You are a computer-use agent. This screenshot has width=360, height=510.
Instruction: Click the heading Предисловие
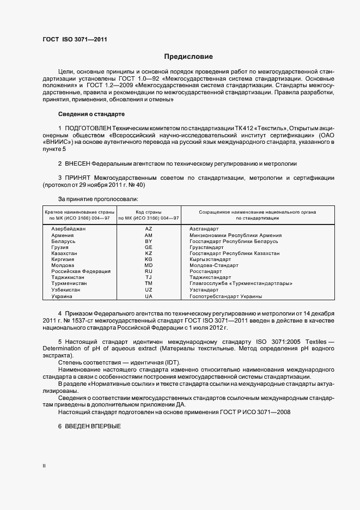coord(189,57)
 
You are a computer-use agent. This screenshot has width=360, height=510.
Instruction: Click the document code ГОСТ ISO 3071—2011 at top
coord(75,39)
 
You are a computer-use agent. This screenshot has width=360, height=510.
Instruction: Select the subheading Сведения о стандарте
coord(91,114)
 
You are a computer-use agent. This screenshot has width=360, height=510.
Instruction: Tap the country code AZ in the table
coord(148,229)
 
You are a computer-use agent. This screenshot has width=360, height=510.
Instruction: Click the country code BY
coord(148,241)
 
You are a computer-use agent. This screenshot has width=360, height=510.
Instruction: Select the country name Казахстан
coord(64,253)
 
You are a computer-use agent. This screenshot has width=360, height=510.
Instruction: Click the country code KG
coord(148,259)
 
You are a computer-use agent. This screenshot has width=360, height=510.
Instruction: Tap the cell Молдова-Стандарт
coord(210,265)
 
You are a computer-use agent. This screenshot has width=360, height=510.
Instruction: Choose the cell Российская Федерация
coord(81,271)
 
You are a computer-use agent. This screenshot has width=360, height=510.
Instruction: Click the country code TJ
coord(148,277)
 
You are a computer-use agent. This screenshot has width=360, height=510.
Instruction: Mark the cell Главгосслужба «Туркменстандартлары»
coord(241,283)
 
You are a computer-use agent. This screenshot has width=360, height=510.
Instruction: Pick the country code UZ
coord(148,290)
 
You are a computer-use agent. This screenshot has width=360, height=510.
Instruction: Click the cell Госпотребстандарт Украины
coord(225,296)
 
